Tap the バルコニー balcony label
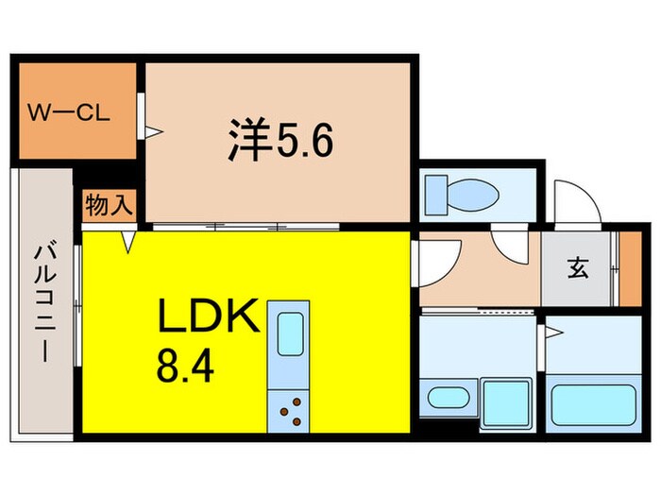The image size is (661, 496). click(x=43, y=301)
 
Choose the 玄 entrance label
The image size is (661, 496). click(x=577, y=269)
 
